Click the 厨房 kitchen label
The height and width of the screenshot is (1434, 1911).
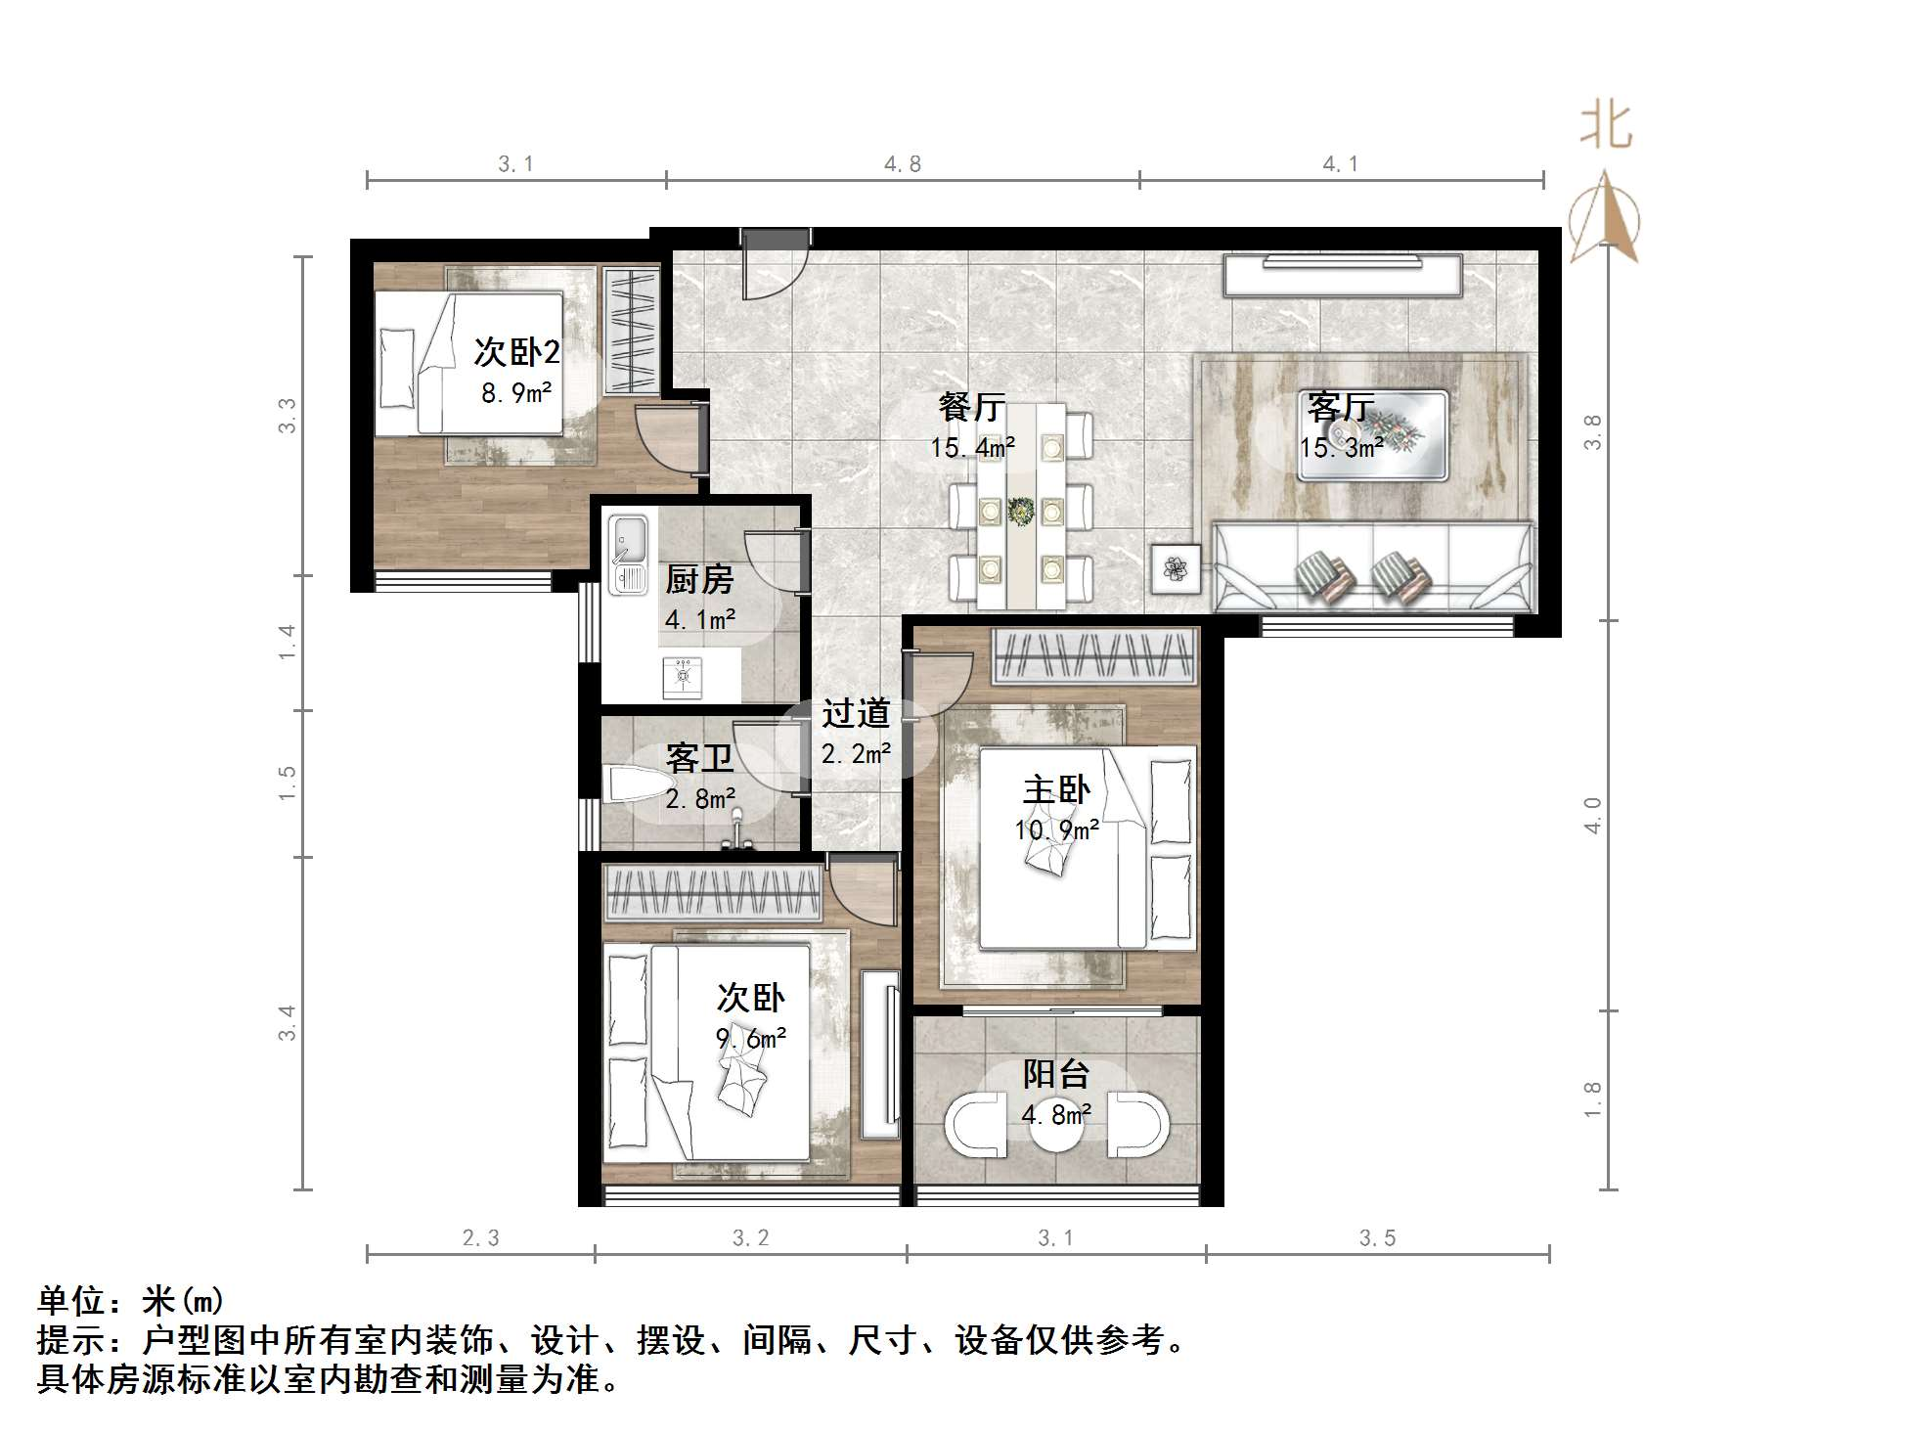699,581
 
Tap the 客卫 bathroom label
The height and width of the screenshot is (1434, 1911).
699,758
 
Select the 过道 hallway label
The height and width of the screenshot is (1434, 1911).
855,714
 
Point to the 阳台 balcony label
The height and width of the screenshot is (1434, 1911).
1056,1074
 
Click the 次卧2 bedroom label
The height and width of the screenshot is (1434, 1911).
516,352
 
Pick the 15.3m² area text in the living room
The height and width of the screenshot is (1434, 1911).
1341,448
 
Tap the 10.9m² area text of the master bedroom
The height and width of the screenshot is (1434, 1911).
1056,830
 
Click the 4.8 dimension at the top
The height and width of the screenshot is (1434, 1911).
902,164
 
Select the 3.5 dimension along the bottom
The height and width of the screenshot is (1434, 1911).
1377,1238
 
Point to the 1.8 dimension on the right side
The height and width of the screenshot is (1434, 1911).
1593,1099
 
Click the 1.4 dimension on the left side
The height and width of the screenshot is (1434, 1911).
287,642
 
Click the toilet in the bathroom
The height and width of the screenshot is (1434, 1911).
631,784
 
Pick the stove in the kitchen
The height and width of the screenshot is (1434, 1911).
682,677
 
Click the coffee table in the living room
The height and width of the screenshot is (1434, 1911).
1372,435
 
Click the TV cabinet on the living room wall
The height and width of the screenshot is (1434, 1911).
1342,275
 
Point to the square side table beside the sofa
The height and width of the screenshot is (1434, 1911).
1176,568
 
